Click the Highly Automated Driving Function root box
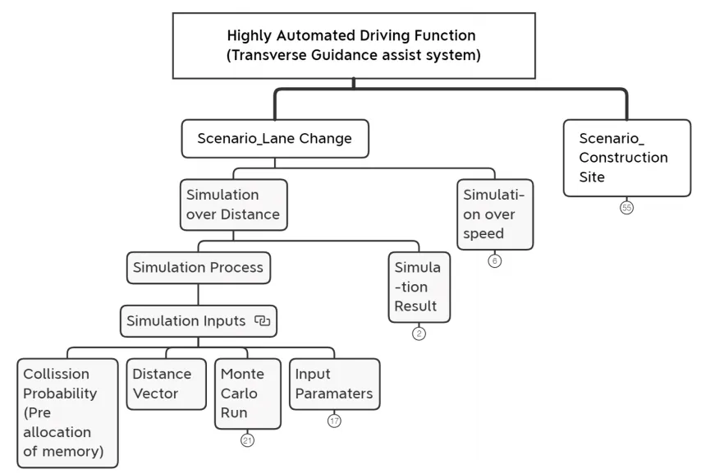[354, 46]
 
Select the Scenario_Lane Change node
[275, 139]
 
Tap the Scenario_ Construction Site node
[627, 158]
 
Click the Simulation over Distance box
[234, 205]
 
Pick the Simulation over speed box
[495, 214]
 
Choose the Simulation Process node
[199, 268]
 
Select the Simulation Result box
[419, 287]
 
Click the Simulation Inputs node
[199, 321]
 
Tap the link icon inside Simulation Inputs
[263, 320]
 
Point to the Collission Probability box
[67, 413]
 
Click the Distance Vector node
[166, 384]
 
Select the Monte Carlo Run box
[248, 393]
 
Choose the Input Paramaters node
[334, 384]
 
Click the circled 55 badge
[626, 208]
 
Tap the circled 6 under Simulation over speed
[494, 261]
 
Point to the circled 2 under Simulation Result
[419, 334]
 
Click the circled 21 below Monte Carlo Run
[248, 440]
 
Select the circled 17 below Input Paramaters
[334, 421]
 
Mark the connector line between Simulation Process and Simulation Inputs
[199, 294]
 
